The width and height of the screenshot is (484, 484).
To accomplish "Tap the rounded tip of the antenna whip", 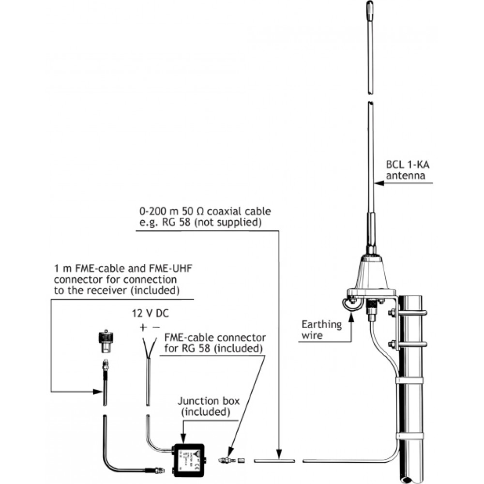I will coord(369,9).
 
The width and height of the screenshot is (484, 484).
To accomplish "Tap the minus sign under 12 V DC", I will coord(156,327).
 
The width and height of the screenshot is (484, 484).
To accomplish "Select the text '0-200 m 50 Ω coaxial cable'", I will coord(204,212).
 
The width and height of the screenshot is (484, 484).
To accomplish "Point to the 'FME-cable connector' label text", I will coord(215,337).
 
